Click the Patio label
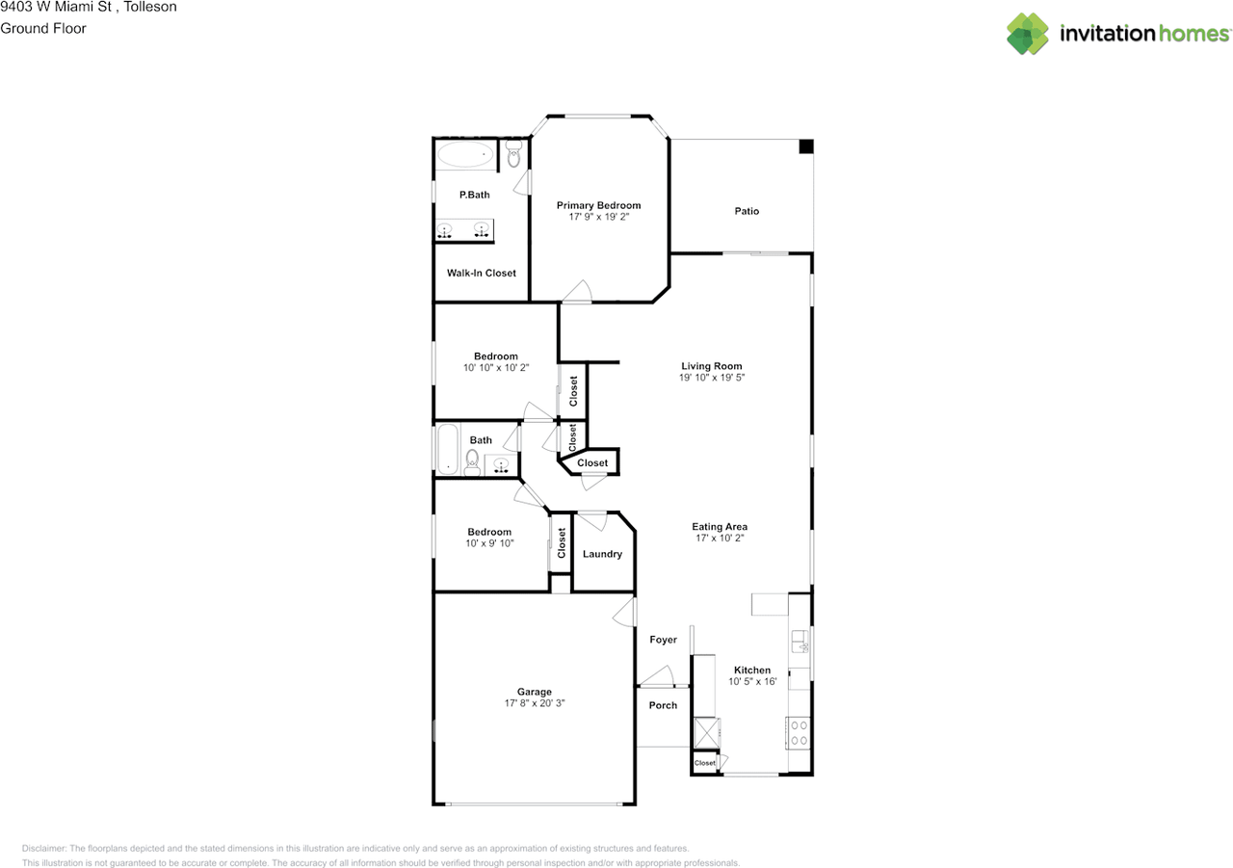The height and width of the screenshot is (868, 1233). point(747,211)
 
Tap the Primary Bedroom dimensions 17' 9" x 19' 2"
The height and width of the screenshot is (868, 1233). point(598,217)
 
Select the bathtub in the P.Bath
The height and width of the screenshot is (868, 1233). point(465,155)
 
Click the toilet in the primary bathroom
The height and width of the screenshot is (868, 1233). point(513,153)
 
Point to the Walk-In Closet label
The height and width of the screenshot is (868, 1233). point(481,273)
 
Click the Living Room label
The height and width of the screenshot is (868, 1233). point(711,366)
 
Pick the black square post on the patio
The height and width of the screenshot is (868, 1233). point(806,146)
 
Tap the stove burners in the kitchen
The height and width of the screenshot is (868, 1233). point(799,733)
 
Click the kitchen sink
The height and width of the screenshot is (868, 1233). point(800,642)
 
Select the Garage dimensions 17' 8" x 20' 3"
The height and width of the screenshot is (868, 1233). point(535,703)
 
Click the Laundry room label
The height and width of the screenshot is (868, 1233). point(602,554)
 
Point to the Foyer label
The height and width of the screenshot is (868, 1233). point(663,640)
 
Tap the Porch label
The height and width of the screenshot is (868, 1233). point(663,705)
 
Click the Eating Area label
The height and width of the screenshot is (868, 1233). point(720,527)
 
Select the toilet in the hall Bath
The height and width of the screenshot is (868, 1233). point(472,461)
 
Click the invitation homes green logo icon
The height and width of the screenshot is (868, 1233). point(1028,34)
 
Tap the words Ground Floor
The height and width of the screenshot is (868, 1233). point(43,29)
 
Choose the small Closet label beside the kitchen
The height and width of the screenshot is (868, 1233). point(704,763)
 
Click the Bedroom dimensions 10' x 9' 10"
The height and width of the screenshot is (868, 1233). point(489,543)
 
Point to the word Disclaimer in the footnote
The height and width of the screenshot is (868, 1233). point(44,848)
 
